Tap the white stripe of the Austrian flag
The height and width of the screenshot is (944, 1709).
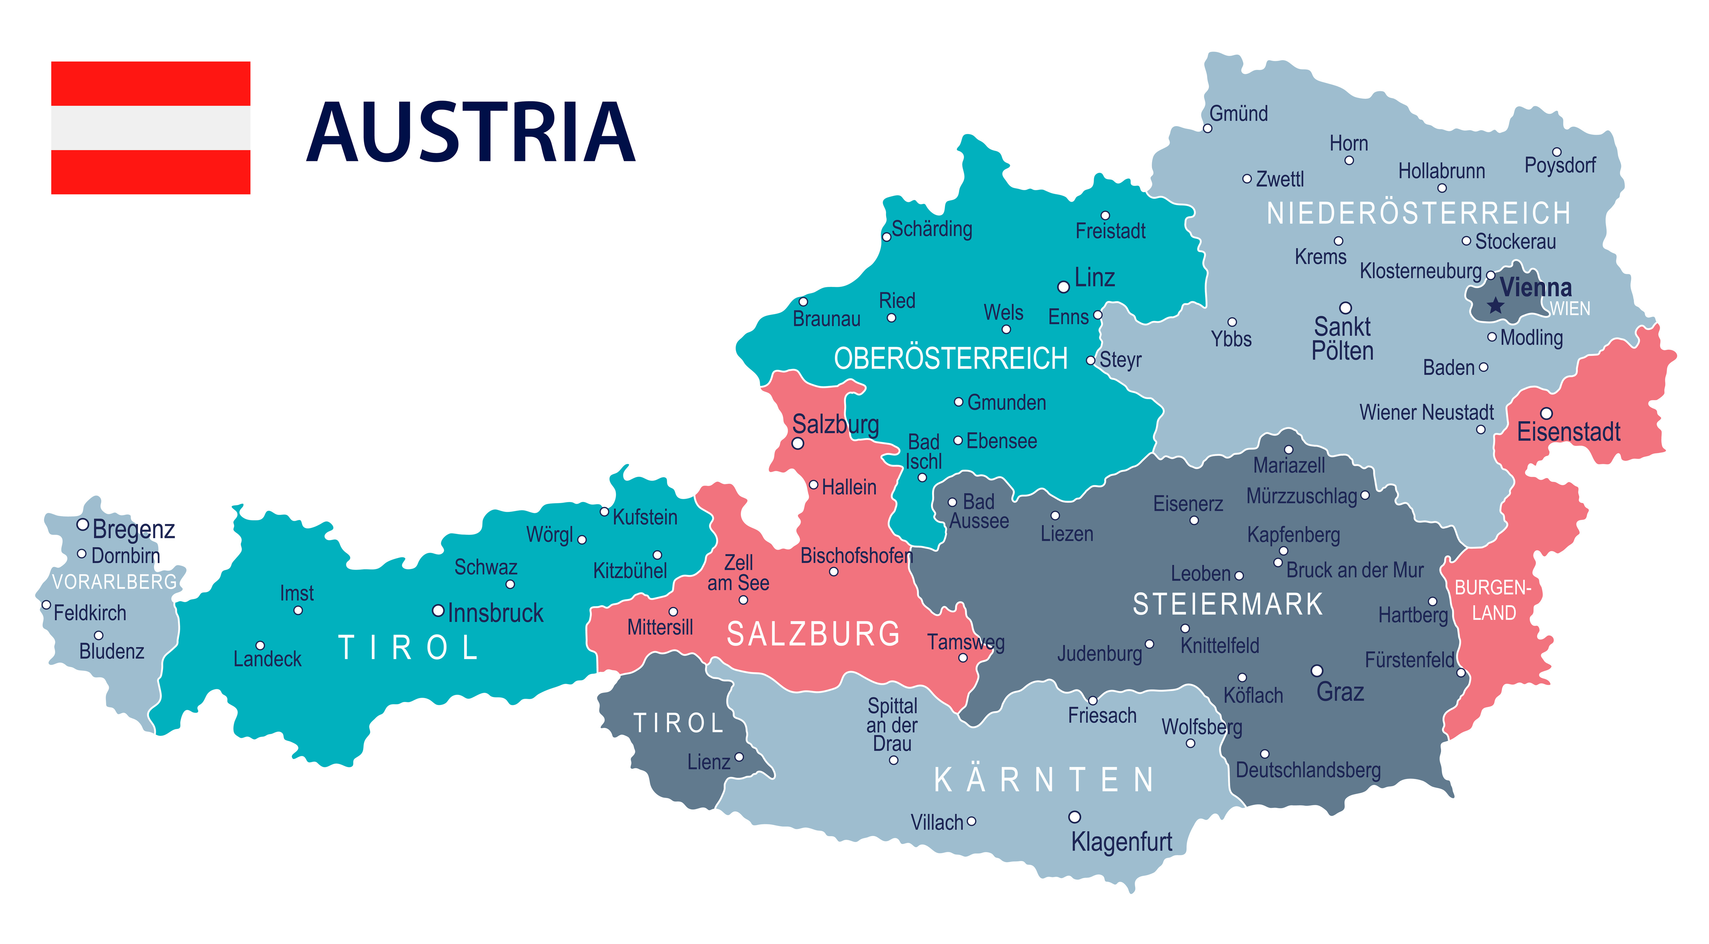pyautogui.click(x=151, y=128)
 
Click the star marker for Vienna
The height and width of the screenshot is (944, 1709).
pyautogui.click(x=1495, y=306)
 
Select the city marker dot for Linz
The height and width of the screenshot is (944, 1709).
pyautogui.click(x=1064, y=287)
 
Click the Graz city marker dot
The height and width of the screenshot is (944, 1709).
pyautogui.click(x=1317, y=671)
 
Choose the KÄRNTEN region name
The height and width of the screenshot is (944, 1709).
pyautogui.click(x=1045, y=780)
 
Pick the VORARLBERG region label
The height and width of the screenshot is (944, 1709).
pyautogui.click(x=114, y=582)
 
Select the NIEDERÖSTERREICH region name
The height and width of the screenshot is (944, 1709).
pyautogui.click(x=1418, y=213)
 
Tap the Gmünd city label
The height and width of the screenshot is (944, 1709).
pyautogui.click(x=1238, y=113)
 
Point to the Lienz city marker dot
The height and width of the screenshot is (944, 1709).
pyautogui.click(x=739, y=757)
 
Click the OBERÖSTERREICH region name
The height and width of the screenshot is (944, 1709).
pyautogui.click(x=951, y=359)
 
